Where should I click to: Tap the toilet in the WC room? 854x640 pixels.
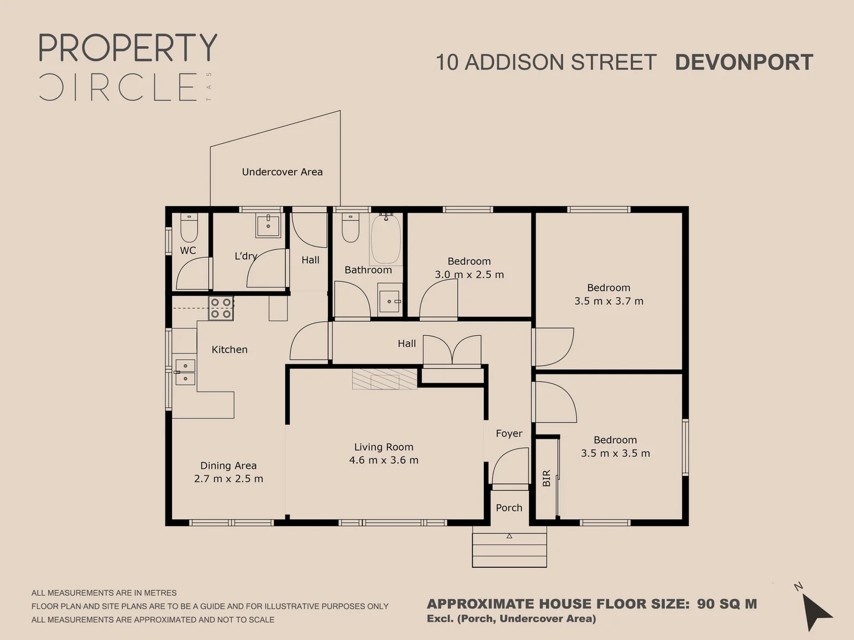click(189, 228)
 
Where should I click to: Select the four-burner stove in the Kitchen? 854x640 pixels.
click(221, 308)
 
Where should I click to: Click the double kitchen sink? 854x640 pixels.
click(185, 372)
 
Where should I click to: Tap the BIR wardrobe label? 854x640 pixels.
click(546, 478)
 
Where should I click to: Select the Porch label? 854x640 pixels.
click(509, 508)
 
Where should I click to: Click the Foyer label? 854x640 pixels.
click(509, 433)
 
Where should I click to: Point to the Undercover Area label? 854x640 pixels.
click(282, 172)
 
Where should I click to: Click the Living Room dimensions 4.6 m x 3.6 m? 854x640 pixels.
click(384, 460)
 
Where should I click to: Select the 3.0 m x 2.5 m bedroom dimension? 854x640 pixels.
click(469, 275)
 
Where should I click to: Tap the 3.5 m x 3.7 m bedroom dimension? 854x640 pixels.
click(609, 301)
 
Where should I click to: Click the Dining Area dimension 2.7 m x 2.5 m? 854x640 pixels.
click(228, 479)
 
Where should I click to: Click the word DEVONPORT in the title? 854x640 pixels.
click(744, 62)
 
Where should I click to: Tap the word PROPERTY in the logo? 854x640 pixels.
click(128, 48)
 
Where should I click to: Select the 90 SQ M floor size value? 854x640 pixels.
click(726, 604)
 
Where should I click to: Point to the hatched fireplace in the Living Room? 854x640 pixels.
click(385, 379)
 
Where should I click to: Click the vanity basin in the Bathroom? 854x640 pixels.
click(390, 301)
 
